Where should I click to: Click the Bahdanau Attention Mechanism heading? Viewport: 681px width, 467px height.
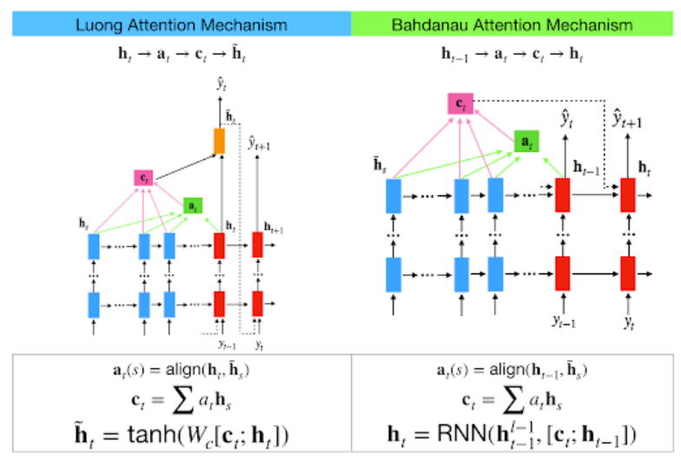[512, 24]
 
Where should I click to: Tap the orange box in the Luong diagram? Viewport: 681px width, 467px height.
[219, 141]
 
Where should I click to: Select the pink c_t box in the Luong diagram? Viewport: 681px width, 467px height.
[144, 177]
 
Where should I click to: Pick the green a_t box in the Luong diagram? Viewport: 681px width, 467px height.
[193, 206]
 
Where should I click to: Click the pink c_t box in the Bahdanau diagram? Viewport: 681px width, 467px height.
[460, 104]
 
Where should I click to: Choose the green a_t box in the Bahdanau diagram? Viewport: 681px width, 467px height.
[526, 141]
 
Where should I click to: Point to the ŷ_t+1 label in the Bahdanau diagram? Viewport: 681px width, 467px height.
[628, 118]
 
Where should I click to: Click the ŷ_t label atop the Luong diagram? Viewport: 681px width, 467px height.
[221, 85]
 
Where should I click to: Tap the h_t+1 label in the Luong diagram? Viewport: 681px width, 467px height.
[274, 228]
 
